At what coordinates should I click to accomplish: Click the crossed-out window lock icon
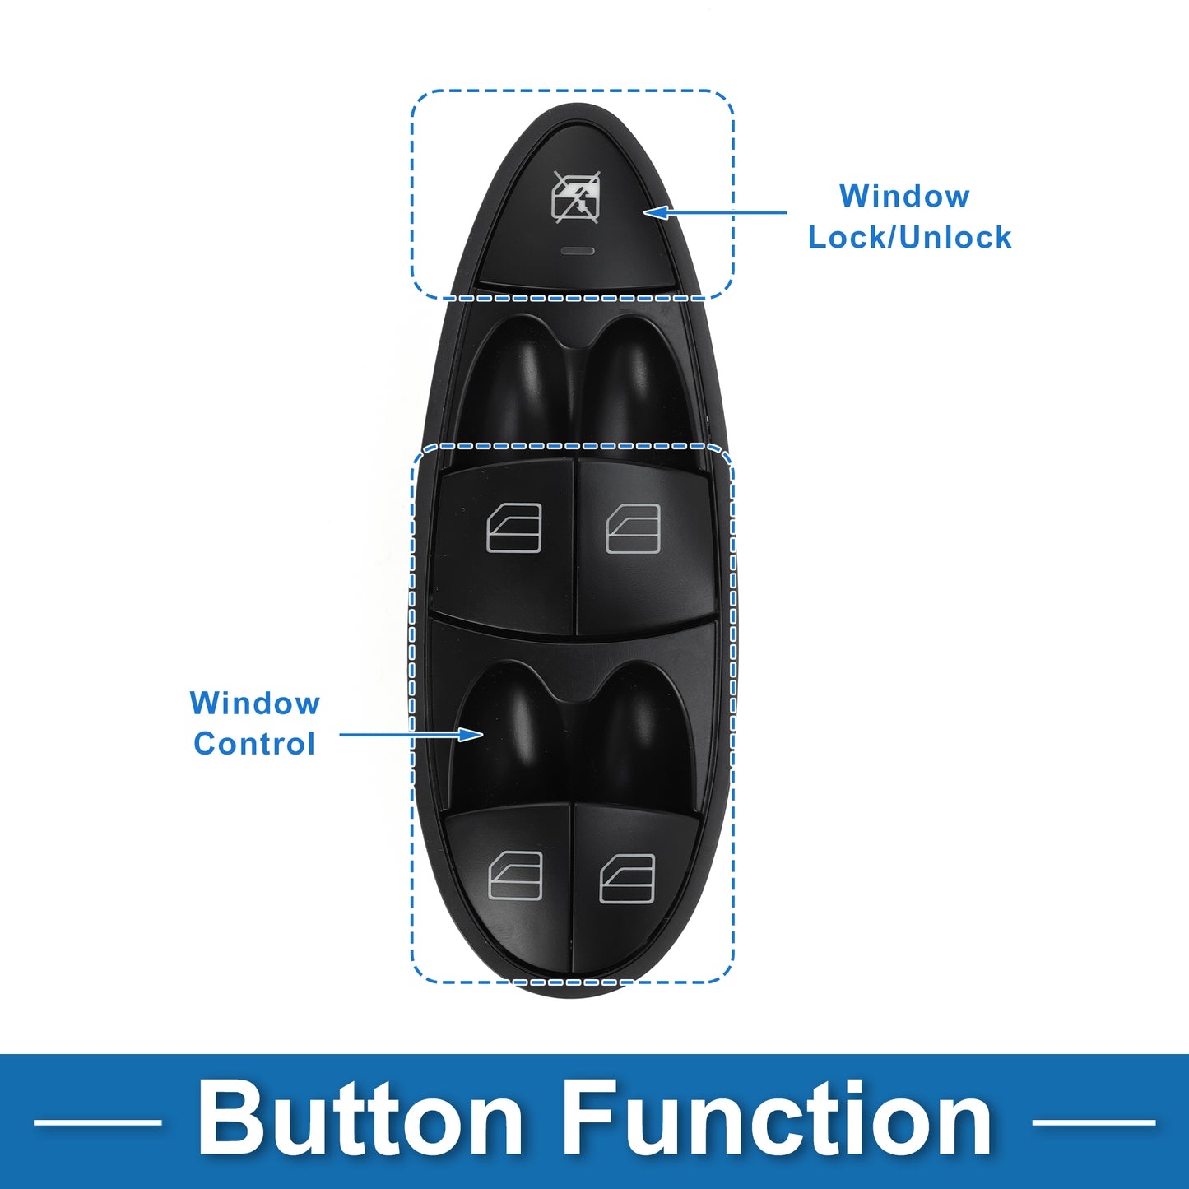(x=576, y=197)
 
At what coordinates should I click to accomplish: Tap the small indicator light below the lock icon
(x=578, y=251)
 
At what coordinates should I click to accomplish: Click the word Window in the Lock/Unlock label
(x=904, y=196)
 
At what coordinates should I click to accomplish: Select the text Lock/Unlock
(x=909, y=237)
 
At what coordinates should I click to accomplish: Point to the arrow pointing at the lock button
(x=715, y=212)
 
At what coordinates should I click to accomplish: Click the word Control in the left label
(x=254, y=744)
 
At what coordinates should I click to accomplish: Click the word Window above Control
(x=254, y=703)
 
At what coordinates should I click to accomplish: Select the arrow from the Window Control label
(x=411, y=734)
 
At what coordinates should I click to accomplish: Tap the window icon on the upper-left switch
(x=514, y=527)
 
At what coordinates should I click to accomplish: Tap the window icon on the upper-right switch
(x=633, y=528)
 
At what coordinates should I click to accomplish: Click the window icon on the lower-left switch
(x=515, y=876)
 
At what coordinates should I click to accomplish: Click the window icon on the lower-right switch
(x=627, y=879)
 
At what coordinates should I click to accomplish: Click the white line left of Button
(x=97, y=1122)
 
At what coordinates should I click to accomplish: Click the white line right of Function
(x=1094, y=1122)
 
